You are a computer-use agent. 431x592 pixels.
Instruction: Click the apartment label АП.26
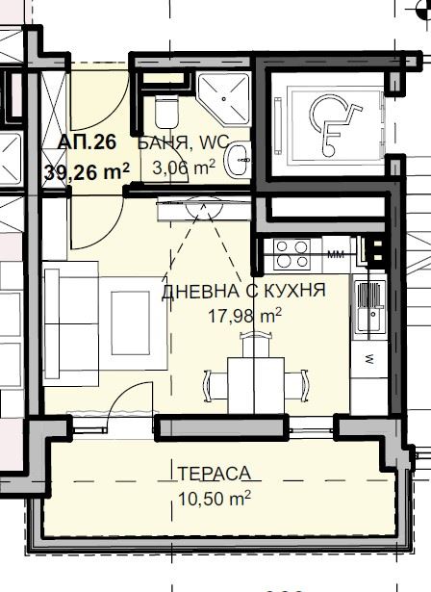point(87,142)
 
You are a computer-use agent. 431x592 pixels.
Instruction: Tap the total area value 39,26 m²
point(87,172)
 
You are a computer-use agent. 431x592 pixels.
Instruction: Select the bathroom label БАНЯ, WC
point(184,142)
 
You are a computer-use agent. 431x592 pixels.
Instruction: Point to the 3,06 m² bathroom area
point(184,167)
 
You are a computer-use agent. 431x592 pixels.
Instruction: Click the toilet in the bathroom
point(165,112)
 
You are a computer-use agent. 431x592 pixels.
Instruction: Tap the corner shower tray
point(224,99)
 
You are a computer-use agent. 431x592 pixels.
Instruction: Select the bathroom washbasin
point(237,160)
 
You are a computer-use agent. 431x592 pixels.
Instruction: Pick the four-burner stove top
point(292,254)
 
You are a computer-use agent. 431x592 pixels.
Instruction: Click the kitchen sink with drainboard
point(369,306)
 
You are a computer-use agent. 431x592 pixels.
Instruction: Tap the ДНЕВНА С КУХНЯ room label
point(243,291)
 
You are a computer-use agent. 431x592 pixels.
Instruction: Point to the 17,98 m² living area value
point(244,315)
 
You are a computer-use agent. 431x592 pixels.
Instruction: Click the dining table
point(256,385)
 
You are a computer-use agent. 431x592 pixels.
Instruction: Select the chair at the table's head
point(256,344)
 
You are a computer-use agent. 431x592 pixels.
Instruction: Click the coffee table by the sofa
point(130,322)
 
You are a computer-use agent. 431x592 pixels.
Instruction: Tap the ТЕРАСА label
point(214,474)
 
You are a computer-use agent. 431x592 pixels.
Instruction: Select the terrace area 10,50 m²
point(214,499)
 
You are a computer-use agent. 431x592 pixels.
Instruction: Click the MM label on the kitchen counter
point(336,254)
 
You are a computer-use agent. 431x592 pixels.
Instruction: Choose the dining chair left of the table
point(215,385)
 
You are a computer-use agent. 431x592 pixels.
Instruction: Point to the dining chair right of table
point(296,385)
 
